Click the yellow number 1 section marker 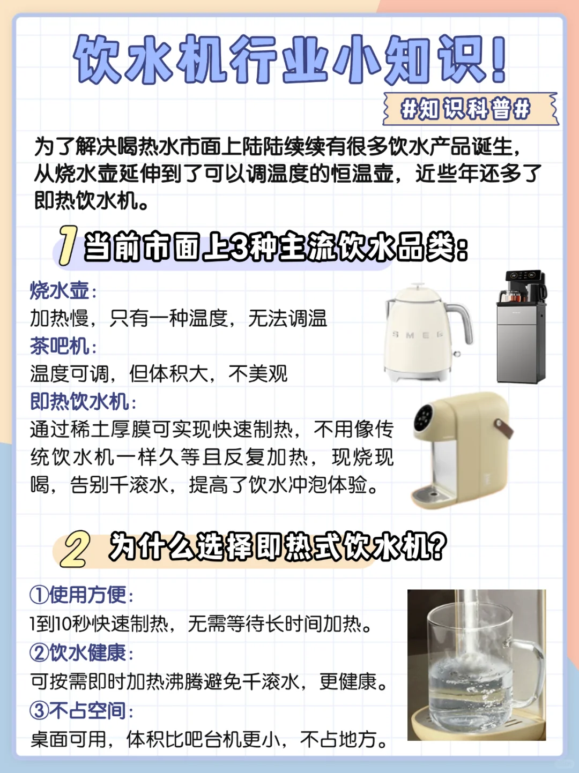pos(68,245)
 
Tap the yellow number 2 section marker pos(75,549)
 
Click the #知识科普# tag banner pos(471,109)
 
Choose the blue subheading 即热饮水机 pos(79,401)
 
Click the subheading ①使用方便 pos(78,595)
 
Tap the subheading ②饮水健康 pos(78,652)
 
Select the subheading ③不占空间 pos(78,710)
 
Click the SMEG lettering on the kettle pos(418,334)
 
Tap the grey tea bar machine pos(522,326)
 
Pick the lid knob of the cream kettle pos(418,285)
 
